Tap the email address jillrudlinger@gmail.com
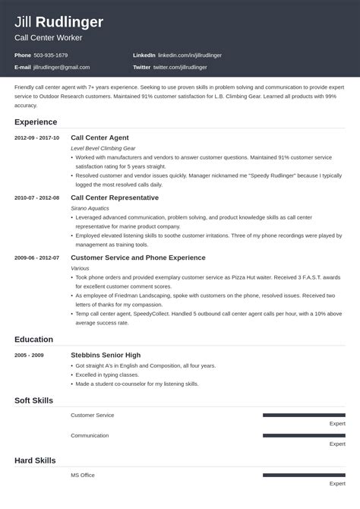pos(68,67)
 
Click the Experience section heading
pos(35,122)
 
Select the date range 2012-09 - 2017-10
pos(36,138)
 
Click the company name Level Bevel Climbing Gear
pos(104,147)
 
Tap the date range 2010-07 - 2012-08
pos(36,198)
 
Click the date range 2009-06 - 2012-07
pos(36,258)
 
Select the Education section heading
pos(33,339)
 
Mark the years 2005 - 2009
pos(30,355)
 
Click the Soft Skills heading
pos(35,400)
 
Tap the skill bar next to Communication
pos(304,435)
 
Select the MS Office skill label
pos(83,475)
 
